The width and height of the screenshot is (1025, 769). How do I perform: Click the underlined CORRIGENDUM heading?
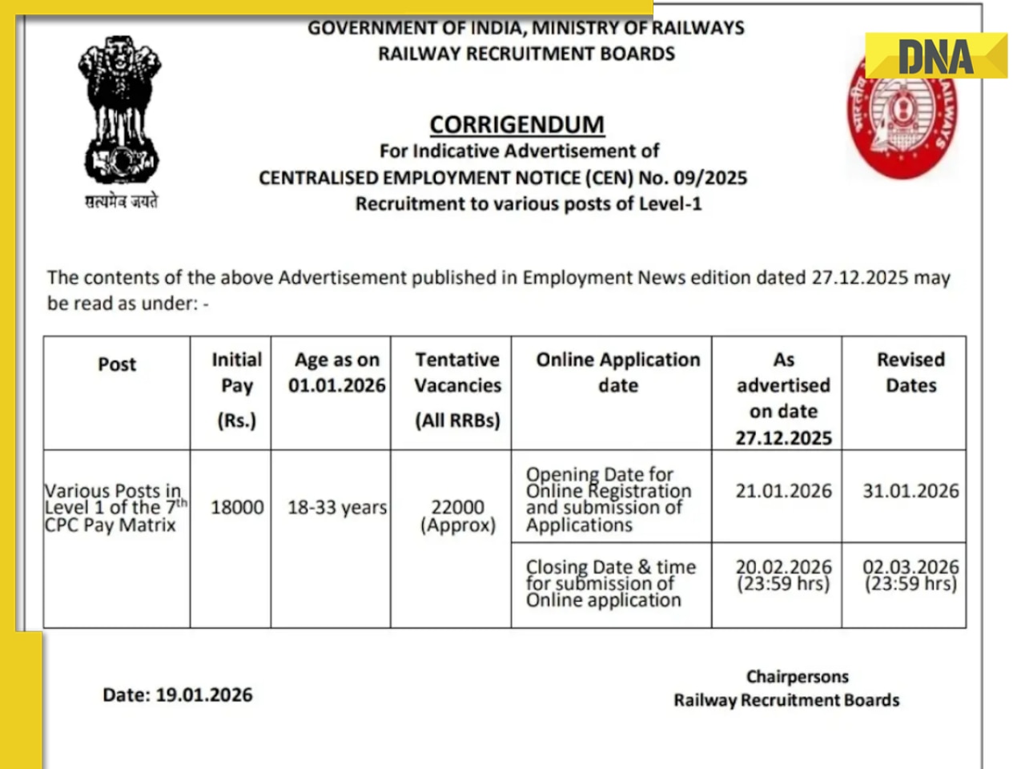click(517, 125)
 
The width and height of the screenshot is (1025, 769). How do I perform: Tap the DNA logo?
click(935, 57)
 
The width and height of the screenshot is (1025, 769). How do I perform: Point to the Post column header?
click(117, 364)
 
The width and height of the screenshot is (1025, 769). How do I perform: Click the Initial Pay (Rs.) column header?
click(236, 389)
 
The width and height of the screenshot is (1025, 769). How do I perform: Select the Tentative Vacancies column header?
click(457, 389)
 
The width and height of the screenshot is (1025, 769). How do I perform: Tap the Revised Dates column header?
click(910, 372)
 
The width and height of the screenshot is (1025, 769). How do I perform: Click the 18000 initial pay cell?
click(237, 508)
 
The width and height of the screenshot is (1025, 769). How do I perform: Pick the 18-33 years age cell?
click(336, 508)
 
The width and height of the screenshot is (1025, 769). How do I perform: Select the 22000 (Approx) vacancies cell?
click(457, 516)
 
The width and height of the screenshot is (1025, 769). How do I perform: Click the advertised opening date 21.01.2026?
click(783, 491)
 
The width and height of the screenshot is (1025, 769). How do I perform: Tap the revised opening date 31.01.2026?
click(910, 491)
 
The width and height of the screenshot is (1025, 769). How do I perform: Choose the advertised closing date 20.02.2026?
click(783, 575)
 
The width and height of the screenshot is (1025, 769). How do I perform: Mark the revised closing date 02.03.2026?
click(910, 575)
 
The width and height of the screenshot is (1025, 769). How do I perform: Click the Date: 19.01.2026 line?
click(177, 695)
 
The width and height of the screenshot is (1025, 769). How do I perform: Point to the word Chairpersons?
click(797, 677)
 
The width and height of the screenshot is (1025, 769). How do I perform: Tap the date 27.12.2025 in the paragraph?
click(859, 278)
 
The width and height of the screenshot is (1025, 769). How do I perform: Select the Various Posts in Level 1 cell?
click(114, 508)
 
